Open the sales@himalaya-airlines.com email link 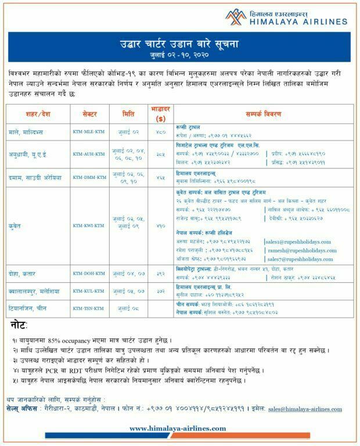[x=305, y=409]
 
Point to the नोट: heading [x=19, y=322]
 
